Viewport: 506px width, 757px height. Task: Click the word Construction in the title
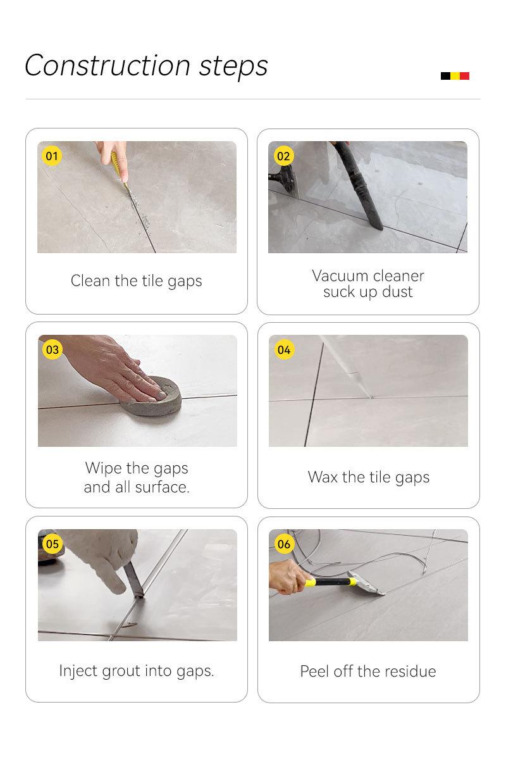[107, 66]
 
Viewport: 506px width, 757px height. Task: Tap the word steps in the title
[233, 67]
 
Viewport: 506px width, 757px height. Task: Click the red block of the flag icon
[464, 76]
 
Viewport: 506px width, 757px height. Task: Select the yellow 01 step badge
[52, 156]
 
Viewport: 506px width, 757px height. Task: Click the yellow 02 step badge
[283, 156]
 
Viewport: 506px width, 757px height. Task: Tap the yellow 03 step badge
[52, 349]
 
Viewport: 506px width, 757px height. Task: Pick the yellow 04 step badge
[283, 349]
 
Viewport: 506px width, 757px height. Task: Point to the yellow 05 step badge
[52, 544]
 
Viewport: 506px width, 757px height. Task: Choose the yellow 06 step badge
[283, 544]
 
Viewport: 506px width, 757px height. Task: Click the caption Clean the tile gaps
[137, 281]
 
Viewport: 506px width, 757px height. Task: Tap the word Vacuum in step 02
[340, 276]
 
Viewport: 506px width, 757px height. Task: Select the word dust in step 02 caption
[397, 292]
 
